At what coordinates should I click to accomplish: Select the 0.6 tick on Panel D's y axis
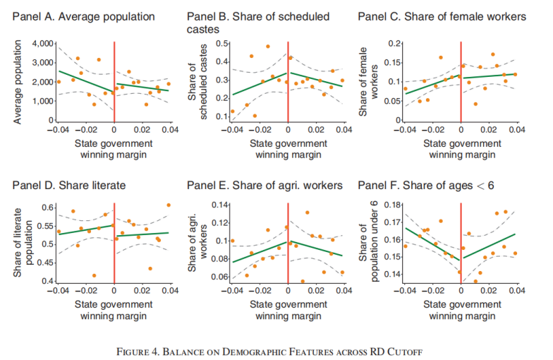coord(47,208)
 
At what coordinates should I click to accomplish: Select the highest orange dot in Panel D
coord(169,205)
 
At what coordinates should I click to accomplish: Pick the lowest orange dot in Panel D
coord(94,275)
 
